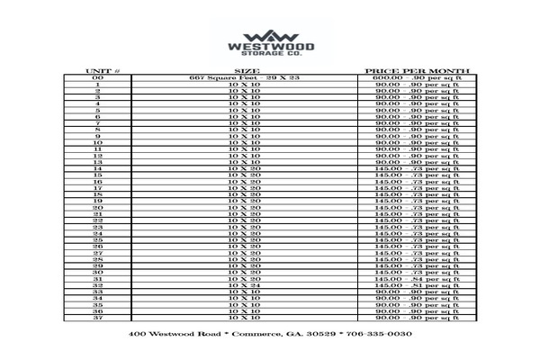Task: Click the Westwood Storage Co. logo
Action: click(269, 40)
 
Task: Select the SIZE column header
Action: click(246, 69)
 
